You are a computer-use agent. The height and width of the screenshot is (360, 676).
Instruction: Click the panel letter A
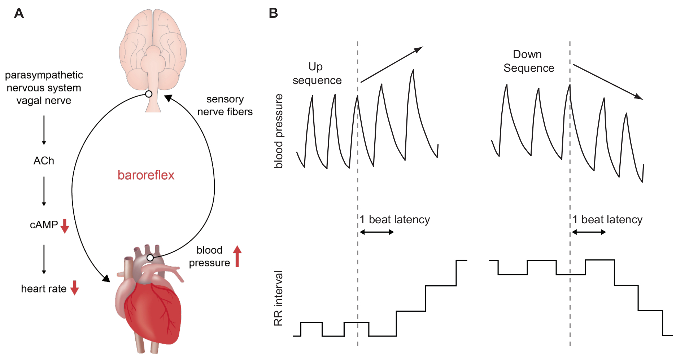19,13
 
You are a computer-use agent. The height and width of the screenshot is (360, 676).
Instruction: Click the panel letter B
273,13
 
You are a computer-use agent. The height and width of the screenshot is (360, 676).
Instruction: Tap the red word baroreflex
146,175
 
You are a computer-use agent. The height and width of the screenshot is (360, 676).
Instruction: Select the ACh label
44,161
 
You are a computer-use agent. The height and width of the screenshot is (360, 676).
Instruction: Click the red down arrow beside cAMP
65,226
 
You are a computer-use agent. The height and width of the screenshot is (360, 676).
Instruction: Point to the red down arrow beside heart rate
74,288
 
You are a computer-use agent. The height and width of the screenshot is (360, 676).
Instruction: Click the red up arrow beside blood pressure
237,256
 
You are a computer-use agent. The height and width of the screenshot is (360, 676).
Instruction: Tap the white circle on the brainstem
148,94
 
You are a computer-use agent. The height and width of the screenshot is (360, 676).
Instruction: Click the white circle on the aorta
150,258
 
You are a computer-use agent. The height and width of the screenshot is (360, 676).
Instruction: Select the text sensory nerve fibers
225,105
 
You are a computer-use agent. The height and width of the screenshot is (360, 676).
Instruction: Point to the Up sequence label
317,73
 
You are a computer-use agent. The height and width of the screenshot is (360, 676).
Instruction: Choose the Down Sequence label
528,61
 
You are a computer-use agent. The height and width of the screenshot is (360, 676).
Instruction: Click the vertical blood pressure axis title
279,131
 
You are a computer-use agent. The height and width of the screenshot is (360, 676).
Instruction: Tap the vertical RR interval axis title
278,298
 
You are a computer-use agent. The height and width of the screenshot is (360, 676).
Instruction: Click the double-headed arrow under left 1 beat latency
376,232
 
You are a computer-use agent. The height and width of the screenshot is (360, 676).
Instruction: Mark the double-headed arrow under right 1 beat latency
589,232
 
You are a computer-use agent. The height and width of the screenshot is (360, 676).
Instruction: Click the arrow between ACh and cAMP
44,191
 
